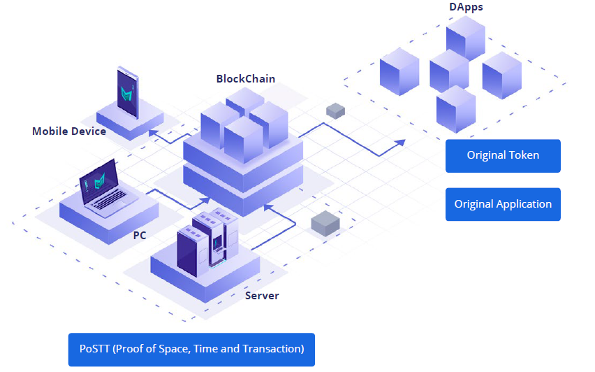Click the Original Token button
tap(503, 155)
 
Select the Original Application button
tap(503, 204)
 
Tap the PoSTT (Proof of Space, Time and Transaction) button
tap(191, 349)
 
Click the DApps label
tap(466, 7)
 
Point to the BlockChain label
tap(246, 78)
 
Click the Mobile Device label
tap(69, 131)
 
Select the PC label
tap(140, 235)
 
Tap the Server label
tap(262, 296)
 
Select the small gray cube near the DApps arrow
tap(335, 110)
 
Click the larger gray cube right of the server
tap(325, 223)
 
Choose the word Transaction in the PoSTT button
tap(272, 349)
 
